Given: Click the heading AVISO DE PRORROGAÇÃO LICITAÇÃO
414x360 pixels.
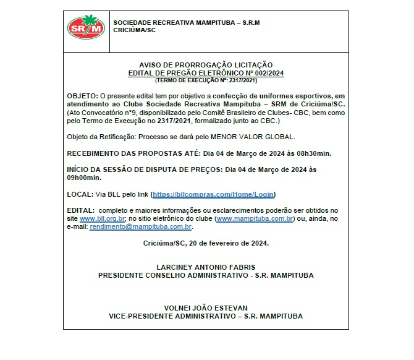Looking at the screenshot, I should tap(206, 65).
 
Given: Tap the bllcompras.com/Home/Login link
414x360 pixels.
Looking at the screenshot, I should tap(213, 194).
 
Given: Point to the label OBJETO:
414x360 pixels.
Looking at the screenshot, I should tap(82, 96).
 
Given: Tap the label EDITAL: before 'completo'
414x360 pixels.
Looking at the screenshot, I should tap(81, 210).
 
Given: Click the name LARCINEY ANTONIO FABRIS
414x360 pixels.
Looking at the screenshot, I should tap(206, 267).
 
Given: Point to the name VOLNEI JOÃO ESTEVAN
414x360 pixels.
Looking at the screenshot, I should tap(206, 307).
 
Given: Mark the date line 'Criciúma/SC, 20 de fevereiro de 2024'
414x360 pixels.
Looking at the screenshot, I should tap(206, 243).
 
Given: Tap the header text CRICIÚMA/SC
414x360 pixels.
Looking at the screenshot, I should tap(134, 30).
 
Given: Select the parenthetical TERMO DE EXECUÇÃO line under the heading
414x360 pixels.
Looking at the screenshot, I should tap(206, 80).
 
